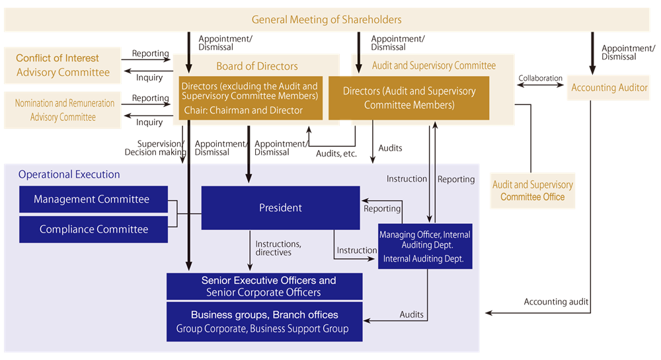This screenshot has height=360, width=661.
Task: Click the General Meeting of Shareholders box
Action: [327, 20]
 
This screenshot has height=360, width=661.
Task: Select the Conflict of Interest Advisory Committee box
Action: [63, 65]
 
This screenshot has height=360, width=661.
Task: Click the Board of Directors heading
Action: [257, 66]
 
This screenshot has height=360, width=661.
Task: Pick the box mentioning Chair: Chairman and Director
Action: [249, 98]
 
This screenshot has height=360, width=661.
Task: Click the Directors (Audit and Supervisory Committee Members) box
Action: [408, 98]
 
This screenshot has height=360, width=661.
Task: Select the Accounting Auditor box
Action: [609, 88]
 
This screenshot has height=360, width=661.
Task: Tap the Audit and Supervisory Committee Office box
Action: [532, 191]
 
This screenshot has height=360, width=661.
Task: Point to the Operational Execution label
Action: [69, 174]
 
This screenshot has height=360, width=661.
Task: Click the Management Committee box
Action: [93, 199]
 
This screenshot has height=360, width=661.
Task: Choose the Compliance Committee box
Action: [93, 229]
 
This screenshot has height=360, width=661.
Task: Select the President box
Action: [280, 207]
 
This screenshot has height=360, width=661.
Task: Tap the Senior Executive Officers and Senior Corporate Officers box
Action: [264, 286]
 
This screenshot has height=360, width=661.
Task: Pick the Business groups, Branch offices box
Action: [264, 322]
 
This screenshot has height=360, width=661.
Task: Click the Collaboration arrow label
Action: [540, 79]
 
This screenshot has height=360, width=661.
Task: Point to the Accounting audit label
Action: [556, 302]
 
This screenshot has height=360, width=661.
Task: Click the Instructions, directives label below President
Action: [278, 248]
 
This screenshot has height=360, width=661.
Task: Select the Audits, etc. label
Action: [336, 153]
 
